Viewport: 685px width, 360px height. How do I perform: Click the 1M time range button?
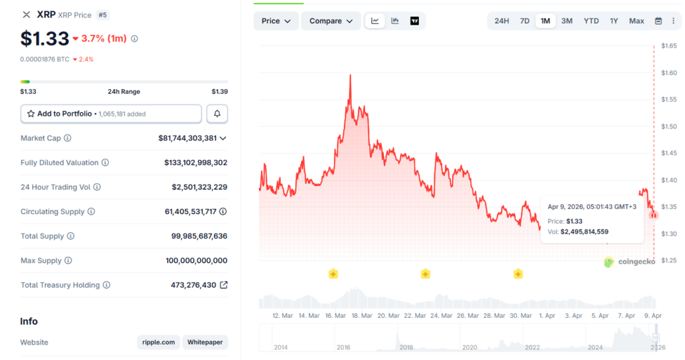[x=545, y=21]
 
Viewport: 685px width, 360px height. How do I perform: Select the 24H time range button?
[x=502, y=21]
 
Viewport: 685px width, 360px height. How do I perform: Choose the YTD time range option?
[x=591, y=21]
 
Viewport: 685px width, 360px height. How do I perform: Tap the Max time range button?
[x=636, y=21]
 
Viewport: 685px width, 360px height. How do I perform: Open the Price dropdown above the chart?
[x=276, y=21]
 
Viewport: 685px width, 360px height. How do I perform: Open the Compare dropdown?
[x=330, y=21]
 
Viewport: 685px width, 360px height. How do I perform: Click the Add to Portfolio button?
[x=111, y=114]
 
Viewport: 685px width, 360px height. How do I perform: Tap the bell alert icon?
[x=217, y=114]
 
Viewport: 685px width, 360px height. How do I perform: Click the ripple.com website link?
[x=159, y=342]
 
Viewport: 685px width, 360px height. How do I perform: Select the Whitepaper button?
[x=205, y=342]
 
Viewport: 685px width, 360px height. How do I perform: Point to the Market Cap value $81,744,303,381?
[x=187, y=138]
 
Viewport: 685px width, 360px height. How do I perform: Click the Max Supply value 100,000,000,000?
[x=197, y=260]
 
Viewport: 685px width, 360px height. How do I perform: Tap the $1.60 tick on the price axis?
[x=669, y=73]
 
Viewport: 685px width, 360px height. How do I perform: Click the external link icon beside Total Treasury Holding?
[x=223, y=285]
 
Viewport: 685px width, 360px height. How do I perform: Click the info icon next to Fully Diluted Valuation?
[x=105, y=163]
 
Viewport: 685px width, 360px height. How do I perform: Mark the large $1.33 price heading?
[x=44, y=38]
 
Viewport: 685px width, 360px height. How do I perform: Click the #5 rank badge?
[x=103, y=14]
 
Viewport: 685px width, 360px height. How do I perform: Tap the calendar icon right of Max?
[x=658, y=21]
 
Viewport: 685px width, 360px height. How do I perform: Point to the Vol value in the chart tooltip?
[x=584, y=232]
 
